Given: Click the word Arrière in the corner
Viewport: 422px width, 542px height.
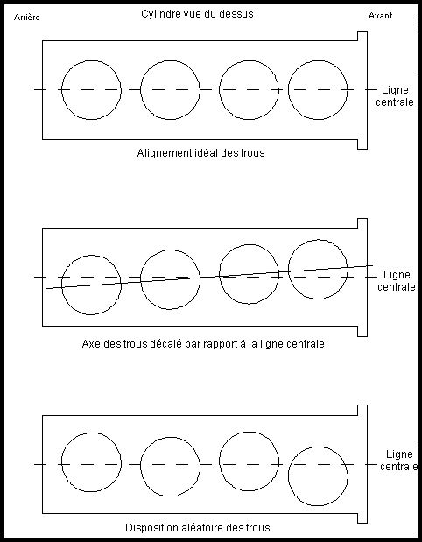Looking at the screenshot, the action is [26, 18].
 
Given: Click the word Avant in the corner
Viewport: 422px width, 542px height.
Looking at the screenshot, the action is [380, 16].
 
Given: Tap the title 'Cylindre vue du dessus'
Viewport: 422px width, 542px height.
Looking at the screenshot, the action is [197, 14].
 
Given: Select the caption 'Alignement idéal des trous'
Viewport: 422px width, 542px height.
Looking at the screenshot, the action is [200, 152].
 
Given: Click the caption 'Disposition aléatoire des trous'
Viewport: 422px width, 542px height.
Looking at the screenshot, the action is [197, 528].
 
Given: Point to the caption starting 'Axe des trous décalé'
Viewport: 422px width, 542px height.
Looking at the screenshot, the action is [203, 344].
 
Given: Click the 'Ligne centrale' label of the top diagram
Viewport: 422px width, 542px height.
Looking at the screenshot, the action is [395, 96].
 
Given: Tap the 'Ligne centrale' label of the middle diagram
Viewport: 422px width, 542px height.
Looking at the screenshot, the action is [397, 281].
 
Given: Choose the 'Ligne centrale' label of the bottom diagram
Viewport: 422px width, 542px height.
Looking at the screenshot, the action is [399, 460].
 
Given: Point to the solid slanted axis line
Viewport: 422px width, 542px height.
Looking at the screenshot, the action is [209, 277].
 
